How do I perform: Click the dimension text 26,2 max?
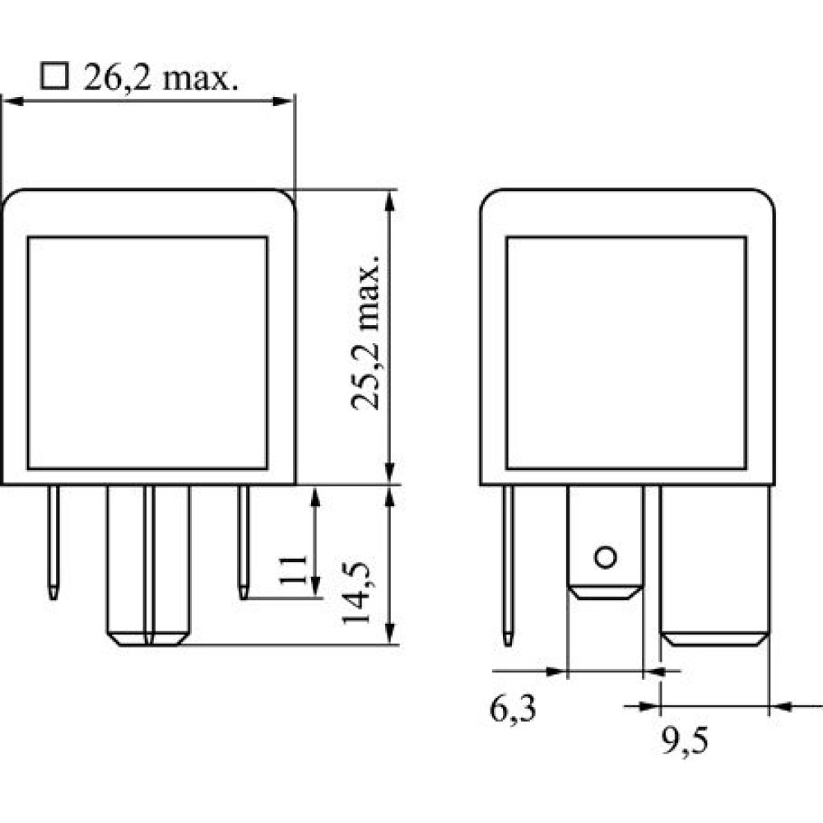click(x=160, y=77)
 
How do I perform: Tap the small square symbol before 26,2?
click(x=54, y=77)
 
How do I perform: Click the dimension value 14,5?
click(x=356, y=593)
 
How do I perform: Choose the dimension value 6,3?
click(x=513, y=710)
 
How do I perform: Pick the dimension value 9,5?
click(x=685, y=742)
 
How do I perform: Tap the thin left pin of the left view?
click(x=53, y=542)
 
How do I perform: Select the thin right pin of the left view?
click(x=244, y=542)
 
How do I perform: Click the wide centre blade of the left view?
click(x=148, y=565)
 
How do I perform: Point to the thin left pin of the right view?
click(x=508, y=565)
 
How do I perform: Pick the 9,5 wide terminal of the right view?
click(x=715, y=565)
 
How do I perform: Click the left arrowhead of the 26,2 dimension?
click(x=14, y=100)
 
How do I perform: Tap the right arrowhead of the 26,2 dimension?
click(x=282, y=100)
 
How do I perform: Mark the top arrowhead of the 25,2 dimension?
click(x=389, y=202)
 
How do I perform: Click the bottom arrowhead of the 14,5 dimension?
click(x=389, y=632)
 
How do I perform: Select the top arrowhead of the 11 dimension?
click(x=315, y=498)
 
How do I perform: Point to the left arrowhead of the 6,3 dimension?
click(x=556, y=671)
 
